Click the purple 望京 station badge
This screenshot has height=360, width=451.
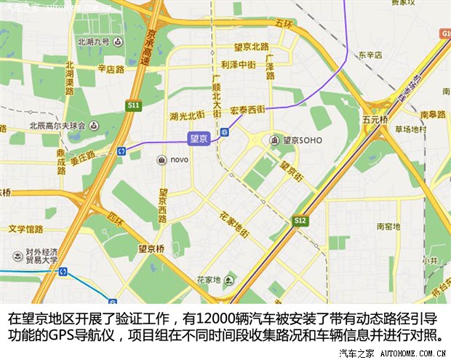click(199, 137)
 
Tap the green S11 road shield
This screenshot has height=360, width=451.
click(132, 105)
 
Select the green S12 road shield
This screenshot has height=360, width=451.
click(300, 220)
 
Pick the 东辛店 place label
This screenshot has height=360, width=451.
click(370, 55)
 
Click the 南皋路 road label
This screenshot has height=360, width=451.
click(432, 114)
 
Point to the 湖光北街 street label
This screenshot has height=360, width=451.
click(186, 116)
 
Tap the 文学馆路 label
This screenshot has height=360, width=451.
click(26, 228)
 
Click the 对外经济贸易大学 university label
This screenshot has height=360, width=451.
click(33, 258)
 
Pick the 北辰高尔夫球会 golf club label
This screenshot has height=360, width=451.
click(55, 125)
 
